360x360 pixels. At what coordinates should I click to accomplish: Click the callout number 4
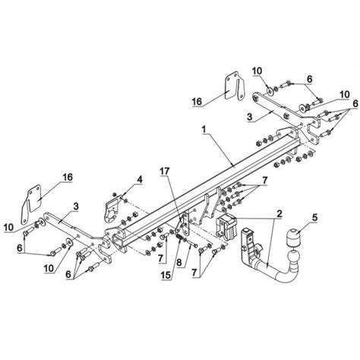[138, 179]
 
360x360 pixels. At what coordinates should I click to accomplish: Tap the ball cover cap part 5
[292, 250]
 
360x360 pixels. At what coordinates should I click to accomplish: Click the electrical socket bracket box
[229, 229]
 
